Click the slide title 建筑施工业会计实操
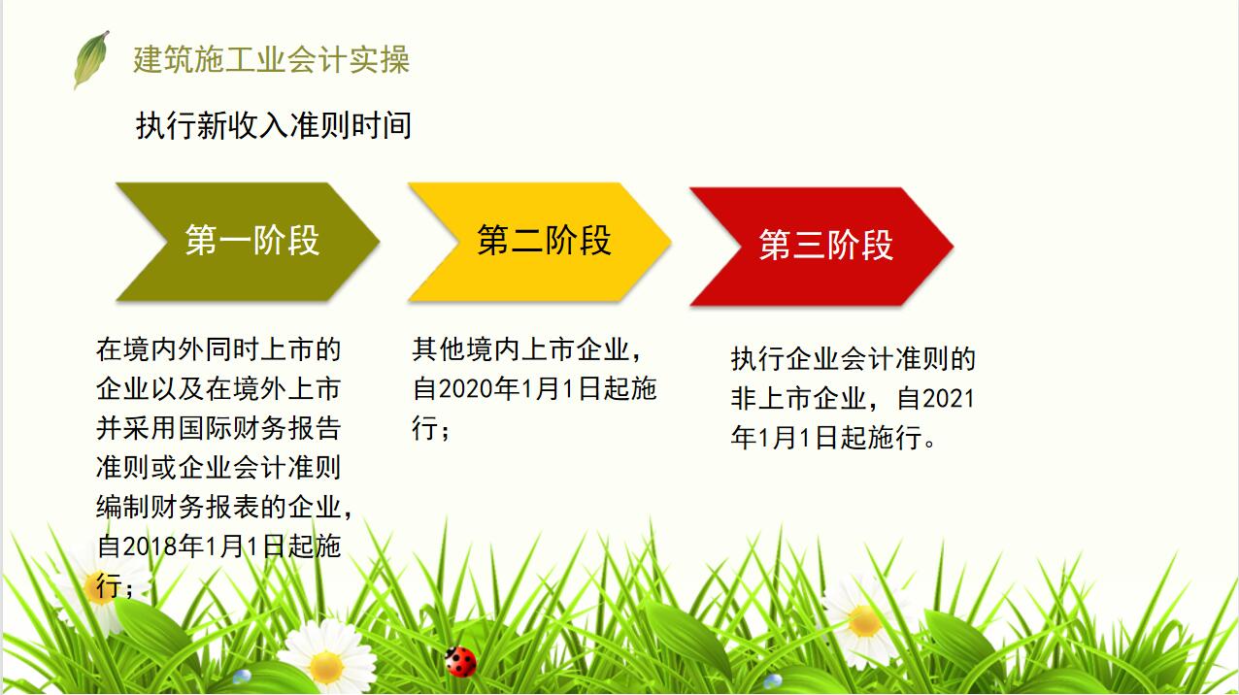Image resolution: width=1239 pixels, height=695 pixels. [272, 59]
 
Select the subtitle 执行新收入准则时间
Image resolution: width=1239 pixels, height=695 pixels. [274, 125]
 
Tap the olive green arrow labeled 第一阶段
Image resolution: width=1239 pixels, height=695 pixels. [248, 241]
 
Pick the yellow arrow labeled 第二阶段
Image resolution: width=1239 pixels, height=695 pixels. [540, 241]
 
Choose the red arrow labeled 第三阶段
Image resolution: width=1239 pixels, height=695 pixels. [821, 246]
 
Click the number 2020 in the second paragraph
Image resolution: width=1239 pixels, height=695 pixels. [466, 389]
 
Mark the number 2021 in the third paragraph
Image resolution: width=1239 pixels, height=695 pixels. [948, 398]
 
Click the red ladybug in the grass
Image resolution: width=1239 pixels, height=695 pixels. [461, 661]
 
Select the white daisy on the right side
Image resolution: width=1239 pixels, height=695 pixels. [863, 621]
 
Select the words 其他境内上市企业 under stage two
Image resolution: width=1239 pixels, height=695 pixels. [525, 349]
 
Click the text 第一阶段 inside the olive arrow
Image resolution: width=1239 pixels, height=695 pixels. [252, 241]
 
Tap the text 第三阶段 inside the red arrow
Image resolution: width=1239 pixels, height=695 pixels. [825, 246]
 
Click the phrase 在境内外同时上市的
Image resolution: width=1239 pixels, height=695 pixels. [218, 349]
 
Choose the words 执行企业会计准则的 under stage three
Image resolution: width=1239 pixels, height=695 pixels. [854, 359]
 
